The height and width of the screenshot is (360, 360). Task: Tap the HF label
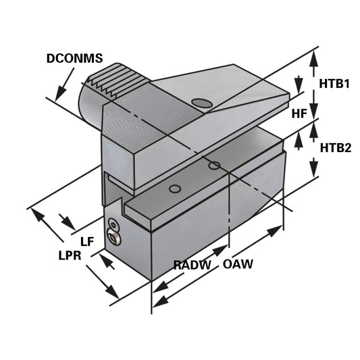pyautogui.click(x=300, y=114)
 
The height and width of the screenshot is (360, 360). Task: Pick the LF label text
pyautogui.click(x=86, y=241)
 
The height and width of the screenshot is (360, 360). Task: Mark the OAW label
pyautogui.click(x=238, y=264)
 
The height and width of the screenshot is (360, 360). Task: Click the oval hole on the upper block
pyautogui.click(x=201, y=103)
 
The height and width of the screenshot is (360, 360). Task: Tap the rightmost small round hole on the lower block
pyautogui.click(x=214, y=165)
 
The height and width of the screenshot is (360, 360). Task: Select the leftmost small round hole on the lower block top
pyautogui.click(x=175, y=189)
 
